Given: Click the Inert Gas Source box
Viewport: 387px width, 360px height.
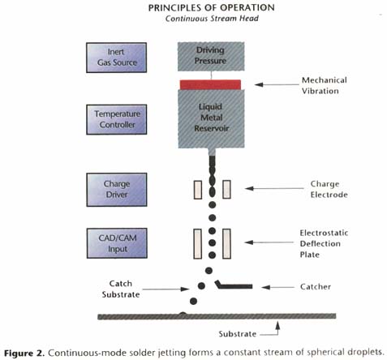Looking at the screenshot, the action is [x=116, y=58].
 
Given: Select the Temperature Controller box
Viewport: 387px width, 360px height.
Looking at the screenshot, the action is [x=117, y=119].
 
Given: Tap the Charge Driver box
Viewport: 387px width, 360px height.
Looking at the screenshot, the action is [x=117, y=190].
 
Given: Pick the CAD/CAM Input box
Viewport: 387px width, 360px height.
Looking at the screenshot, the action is [x=117, y=243].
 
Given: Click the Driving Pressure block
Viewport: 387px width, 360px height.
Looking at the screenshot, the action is [x=211, y=57].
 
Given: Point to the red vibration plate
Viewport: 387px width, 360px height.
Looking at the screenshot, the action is [x=210, y=84].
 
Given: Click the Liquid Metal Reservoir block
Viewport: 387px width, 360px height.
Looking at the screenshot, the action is [x=211, y=118].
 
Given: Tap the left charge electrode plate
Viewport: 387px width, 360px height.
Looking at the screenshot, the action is [x=198, y=190].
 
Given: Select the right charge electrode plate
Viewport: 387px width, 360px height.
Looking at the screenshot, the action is [x=226, y=190].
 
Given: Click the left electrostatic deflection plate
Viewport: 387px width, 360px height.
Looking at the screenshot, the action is [x=197, y=244].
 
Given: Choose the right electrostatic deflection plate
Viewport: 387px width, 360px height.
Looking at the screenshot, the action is [x=226, y=244].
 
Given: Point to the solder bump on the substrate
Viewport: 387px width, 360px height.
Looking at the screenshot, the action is [x=183, y=314].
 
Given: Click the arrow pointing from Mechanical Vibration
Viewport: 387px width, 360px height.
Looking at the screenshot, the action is [x=277, y=84].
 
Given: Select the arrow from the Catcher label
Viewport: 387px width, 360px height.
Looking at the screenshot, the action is [x=278, y=287].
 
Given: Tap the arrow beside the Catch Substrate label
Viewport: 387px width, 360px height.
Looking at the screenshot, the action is [x=166, y=289].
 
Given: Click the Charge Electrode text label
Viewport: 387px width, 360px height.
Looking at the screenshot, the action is [x=329, y=189].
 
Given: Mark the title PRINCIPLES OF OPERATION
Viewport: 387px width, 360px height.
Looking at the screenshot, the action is [x=212, y=8].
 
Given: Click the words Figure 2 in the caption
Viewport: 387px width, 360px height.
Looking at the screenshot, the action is [x=24, y=353].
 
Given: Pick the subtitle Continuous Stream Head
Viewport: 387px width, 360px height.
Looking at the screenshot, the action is [x=212, y=19].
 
